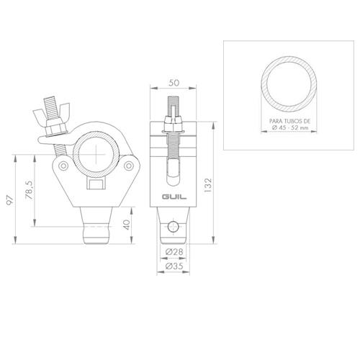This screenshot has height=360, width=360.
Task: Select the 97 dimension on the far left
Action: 9,199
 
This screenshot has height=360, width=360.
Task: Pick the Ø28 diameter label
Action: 172,251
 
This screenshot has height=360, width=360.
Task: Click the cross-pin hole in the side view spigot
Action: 171,228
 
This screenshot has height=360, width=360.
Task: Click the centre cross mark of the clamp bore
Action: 95,149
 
